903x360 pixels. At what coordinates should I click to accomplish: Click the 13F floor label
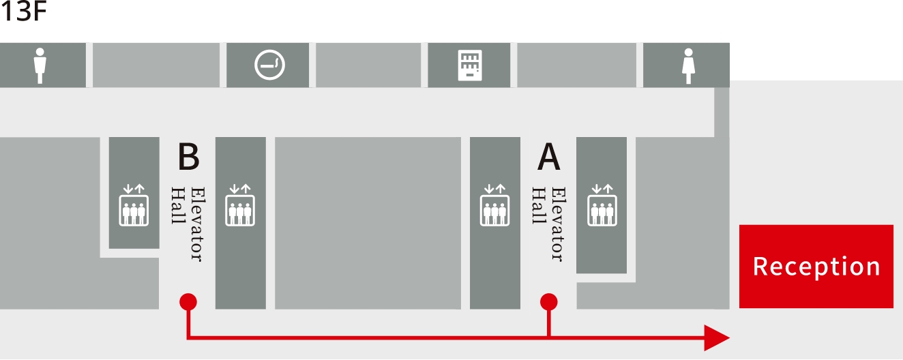tap(23, 11)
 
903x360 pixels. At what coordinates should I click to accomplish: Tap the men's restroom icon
tap(40, 65)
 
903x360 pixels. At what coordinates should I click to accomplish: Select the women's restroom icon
tap(688, 66)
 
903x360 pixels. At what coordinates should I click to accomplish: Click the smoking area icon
tap(269, 65)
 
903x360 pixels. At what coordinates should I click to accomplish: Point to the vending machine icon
tap(470, 65)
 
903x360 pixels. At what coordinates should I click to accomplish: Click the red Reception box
tap(816, 267)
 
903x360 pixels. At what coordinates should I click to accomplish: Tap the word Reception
tap(816, 267)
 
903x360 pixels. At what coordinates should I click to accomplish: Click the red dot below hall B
tap(188, 301)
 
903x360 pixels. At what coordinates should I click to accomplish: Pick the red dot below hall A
tap(548, 301)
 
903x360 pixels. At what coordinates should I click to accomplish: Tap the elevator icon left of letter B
tap(134, 205)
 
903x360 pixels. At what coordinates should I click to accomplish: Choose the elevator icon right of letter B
tap(240, 205)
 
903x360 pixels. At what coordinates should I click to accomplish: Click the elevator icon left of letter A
tap(494, 205)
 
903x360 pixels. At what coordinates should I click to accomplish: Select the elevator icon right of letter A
tap(602, 205)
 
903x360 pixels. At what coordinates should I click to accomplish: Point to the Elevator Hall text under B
tap(188, 224)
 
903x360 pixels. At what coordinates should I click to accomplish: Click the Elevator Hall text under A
tap(548, 224)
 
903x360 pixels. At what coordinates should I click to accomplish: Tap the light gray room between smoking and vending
tap(368, 65)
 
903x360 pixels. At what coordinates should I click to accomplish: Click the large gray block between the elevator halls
tap(368, 223)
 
